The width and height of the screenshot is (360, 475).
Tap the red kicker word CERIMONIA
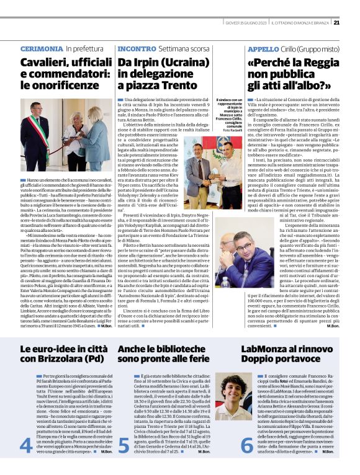(x=42, y=49)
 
